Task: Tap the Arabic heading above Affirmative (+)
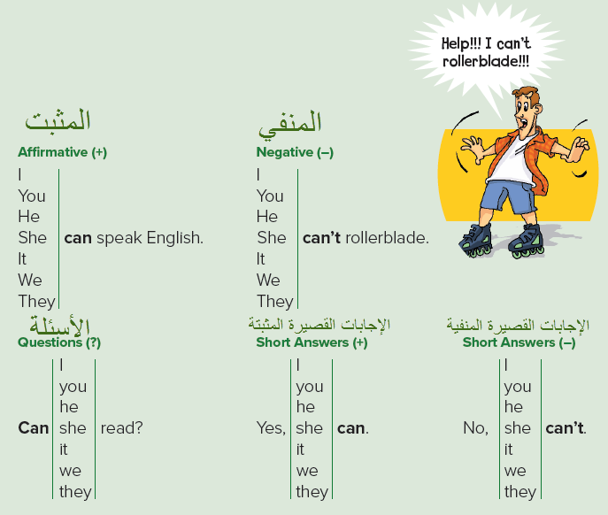click(x=58, y=121)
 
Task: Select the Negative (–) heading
click(x=295, y=152)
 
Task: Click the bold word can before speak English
click(x=78, y=237)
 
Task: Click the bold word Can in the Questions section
click(x=34, y=428)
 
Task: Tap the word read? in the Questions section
click(x=122, y=428)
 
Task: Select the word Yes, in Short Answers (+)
click(x=272, y=428)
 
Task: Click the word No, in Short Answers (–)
click(x=475, y=428)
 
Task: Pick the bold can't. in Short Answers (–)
click(x=566, y=428)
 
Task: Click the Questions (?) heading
click(x=59, y=342)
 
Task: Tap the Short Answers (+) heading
click(x=312, y=342)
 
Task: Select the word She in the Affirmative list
click(x=33, y=237)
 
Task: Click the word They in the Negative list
click(x=274, y=301)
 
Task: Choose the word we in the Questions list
click(x=71, y=470)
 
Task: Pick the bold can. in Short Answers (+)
click(x=352, y=428)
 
